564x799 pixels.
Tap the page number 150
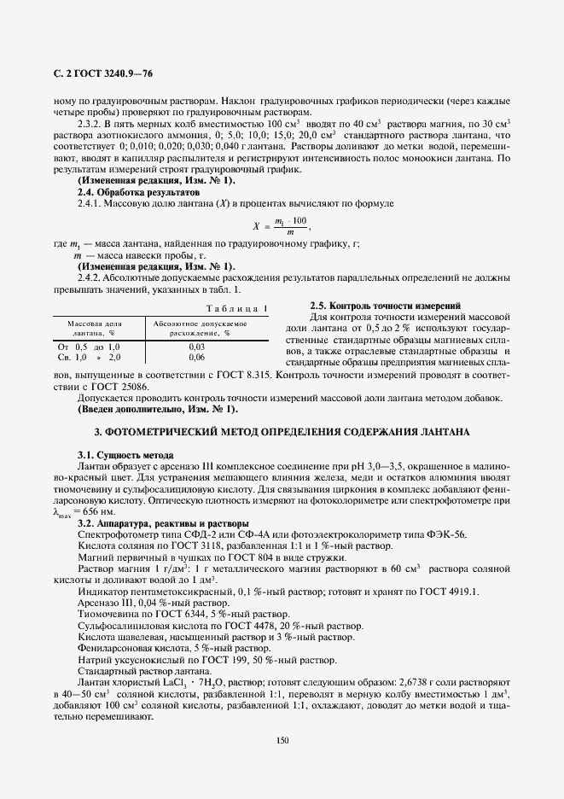tap(282, 739)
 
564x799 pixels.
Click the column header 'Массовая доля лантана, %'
tap(95, 329)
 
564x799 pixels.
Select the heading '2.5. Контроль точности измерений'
tap(386, 306)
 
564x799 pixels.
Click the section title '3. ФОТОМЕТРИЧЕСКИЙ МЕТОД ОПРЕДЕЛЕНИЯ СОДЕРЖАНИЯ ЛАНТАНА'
tap(282, 434)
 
